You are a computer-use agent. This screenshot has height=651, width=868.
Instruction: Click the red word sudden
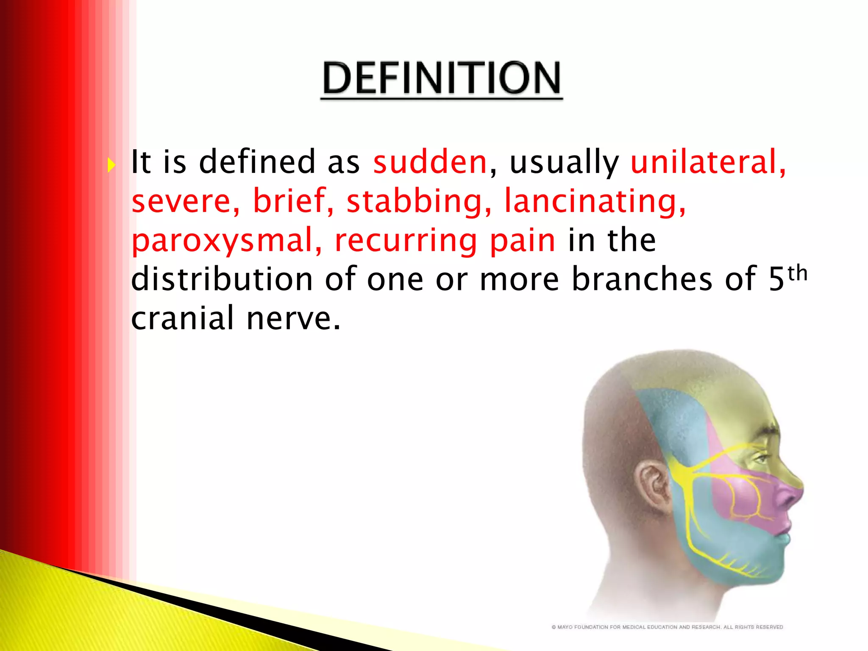[x=430, y=162]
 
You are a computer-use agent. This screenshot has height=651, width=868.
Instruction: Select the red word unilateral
[x=707, y=162]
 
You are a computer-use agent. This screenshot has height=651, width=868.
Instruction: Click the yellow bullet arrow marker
[x=111, y=165]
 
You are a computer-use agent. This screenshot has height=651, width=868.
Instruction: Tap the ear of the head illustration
[x=653, y=484]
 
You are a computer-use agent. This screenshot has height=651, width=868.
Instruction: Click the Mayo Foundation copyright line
[x=667, y=627]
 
